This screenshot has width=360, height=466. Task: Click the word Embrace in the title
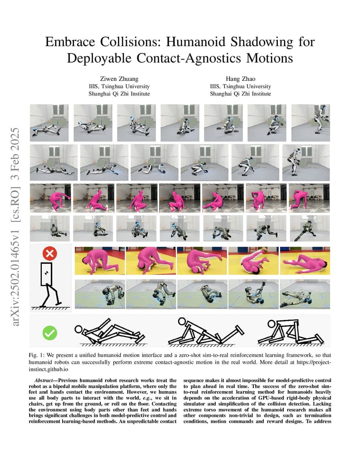[x=70, y=42]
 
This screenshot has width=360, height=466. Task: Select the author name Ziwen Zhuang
[x=119, y=79]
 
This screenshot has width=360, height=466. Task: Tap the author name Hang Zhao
[x=240, y=79]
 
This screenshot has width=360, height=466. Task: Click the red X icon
[x=50, y=253]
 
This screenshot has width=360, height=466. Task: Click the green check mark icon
[x=50, y=333]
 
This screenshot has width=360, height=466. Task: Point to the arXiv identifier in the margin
[x=15, y=226]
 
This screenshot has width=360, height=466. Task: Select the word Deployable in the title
[x=99, y=59]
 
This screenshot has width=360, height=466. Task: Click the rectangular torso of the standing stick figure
[x=47, y=274]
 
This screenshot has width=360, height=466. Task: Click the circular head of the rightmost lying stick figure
[x=271, y=324]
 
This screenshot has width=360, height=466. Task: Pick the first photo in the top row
[x=49, y=123]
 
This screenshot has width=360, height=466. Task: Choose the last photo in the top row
[x=311, y=123]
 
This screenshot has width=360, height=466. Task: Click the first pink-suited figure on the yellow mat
[x=100, y=261]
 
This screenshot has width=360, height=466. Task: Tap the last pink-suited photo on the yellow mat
[x=305, y=261]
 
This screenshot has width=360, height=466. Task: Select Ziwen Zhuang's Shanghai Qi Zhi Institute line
[x=119, y=94]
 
